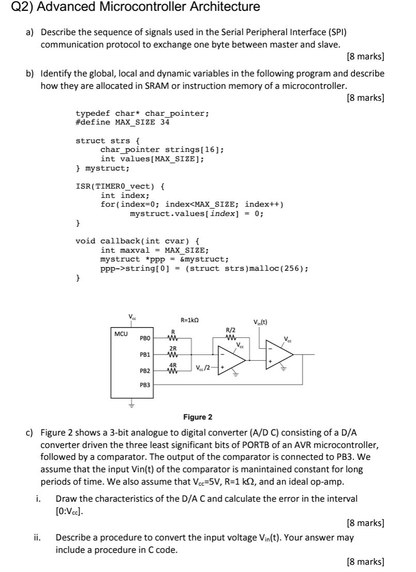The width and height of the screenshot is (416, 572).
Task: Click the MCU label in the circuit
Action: point(121,334)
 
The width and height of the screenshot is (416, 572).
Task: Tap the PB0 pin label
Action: point(145,339)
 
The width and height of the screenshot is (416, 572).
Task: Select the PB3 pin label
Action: point(145,385)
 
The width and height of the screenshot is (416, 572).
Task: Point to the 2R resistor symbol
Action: point(173,355)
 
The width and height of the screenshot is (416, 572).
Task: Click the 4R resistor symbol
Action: point(173,371)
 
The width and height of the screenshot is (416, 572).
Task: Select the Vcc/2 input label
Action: point(203,368)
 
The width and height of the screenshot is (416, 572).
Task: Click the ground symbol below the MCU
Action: point(131,405)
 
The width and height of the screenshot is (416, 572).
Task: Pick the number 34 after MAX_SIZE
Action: point(165,122)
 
